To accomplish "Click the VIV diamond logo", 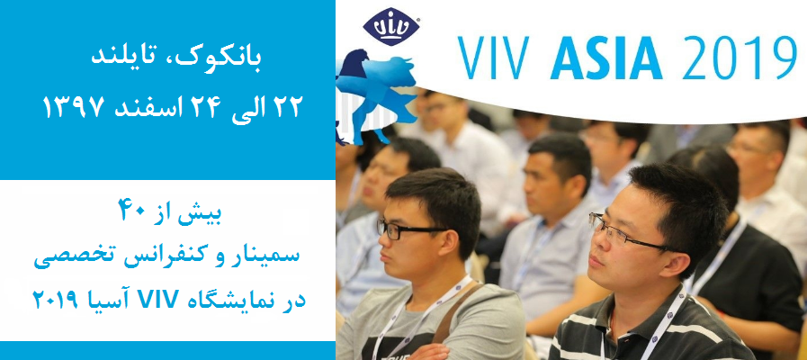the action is pyautogui.click(x=391, y=27).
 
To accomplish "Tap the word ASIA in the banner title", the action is pyautogui.click(x=605, y=58).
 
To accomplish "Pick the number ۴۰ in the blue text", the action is pyautogui.click(x=137, y=212).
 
